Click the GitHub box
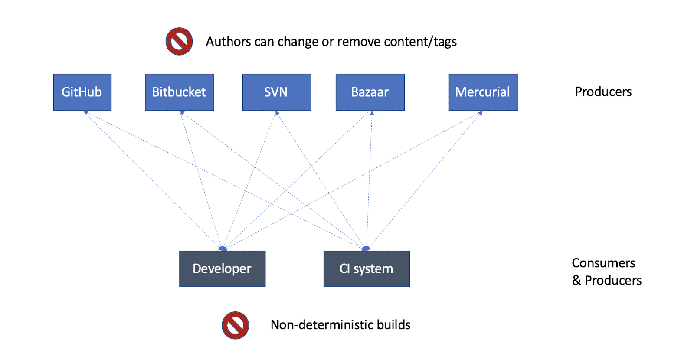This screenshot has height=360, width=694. pyautogui.click(x=82, y=92)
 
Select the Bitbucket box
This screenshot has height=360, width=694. pyautogui.click(x=179, y=92)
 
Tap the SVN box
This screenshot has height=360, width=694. pyautogui.click(x=276, y=92)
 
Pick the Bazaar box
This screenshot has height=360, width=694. pyautogui.click(x=370, y=92)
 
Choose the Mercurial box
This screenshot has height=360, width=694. pyautogui.click(x=483, y=92)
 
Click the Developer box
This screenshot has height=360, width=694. pyautogui.click(x=222, y=268)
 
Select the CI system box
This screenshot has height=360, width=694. pyautogui.click(x=366, y=268)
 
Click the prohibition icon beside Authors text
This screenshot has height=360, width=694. pyautogui.click(x=179, y=42)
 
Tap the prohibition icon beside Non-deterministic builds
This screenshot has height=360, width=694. pyautogui.click(x=235, y=325)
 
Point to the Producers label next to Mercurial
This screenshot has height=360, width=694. pyautogui.click(x=603, y=92)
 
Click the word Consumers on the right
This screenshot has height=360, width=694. pyautogui.click(x=603, y=263)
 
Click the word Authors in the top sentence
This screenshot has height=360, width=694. pyautogui.click(x=228, y=42)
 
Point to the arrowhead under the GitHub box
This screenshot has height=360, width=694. pyautogui.click(x=86, y=112)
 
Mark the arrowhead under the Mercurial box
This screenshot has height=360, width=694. pyautogui.click(x=480, y=113)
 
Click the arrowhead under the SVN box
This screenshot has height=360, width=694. pyautogui.click(x=277, y=113)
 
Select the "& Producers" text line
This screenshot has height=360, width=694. pyautogui.click(x=606, y=280)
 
